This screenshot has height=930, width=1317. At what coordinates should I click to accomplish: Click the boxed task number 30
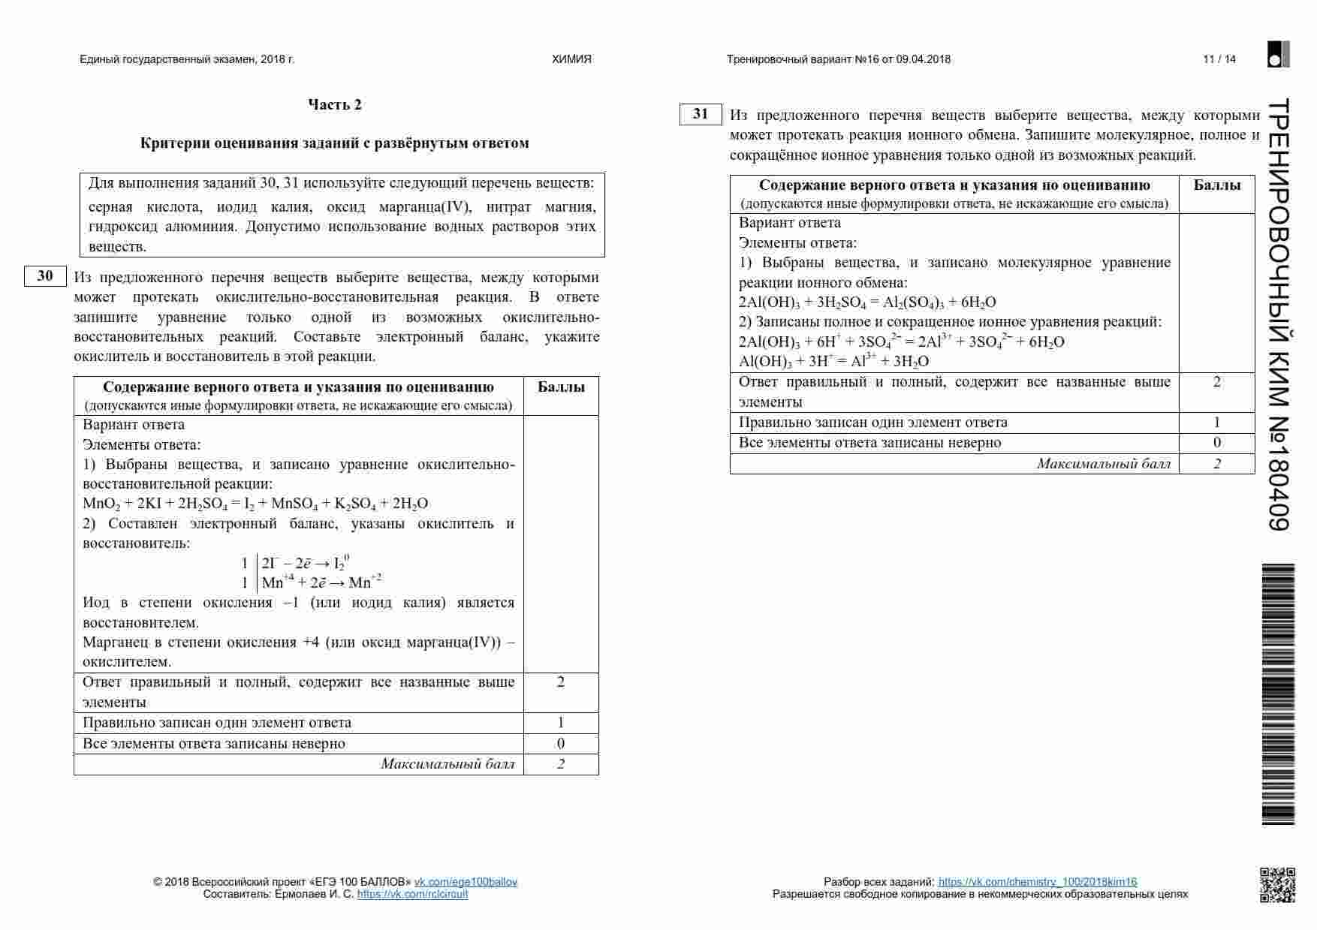click(45, 276)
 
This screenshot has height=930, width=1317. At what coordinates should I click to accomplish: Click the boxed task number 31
click(701, 114)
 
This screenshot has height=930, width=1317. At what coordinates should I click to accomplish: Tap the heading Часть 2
click(335, 105)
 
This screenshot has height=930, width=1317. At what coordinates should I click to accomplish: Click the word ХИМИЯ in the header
click(571, 59)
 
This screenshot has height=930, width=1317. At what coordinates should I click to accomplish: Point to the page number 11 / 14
click(1219, 59)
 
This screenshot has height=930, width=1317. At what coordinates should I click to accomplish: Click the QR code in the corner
click(1277, 885)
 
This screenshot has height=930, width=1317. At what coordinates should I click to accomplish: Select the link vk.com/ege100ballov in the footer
click(466, 882)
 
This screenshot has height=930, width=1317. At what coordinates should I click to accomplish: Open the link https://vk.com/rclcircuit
click(412, 894)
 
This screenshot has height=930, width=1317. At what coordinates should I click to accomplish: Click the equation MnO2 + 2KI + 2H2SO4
click(255, 504)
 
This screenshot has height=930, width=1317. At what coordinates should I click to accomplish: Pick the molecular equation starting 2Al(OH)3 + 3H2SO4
click(867, 302)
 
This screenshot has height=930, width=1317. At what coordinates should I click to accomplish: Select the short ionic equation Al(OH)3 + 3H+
click(833, 361)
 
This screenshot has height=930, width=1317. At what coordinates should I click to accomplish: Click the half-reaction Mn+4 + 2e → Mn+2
click(321, 582)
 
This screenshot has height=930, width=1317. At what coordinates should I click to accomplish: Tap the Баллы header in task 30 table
click(561, 387)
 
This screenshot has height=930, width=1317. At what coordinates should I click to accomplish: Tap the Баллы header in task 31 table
click(1216, 185)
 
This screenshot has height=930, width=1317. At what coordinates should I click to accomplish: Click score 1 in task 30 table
click(561, 723)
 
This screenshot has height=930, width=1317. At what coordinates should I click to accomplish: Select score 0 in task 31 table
click(1216, 443)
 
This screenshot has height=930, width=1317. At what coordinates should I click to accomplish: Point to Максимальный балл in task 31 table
click(1103, 464)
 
